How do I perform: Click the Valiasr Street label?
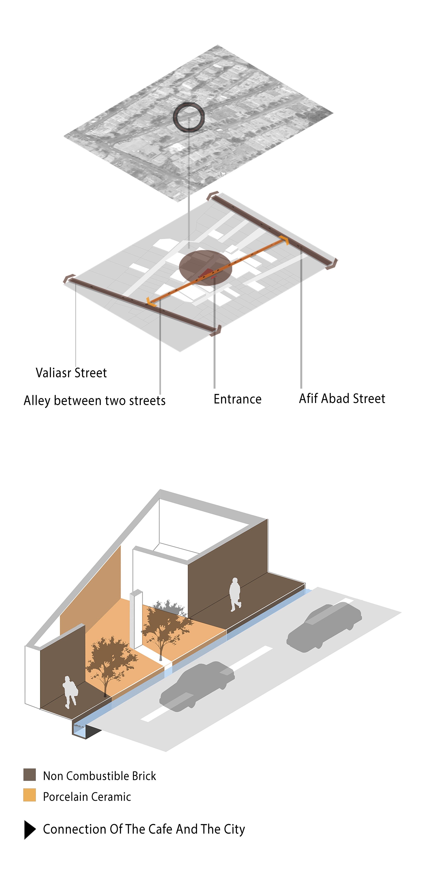(71, 373)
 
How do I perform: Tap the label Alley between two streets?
(94, 400)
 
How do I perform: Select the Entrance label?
(238, 399)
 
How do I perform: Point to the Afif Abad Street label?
(342, 398)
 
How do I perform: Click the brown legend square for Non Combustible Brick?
(30, 775)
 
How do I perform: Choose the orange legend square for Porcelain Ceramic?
(30, 795)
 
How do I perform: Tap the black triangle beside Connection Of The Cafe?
(30, 830)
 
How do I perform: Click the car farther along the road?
(324, 626)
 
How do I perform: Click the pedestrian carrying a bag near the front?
(70, 692)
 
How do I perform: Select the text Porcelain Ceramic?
(87, 796)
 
